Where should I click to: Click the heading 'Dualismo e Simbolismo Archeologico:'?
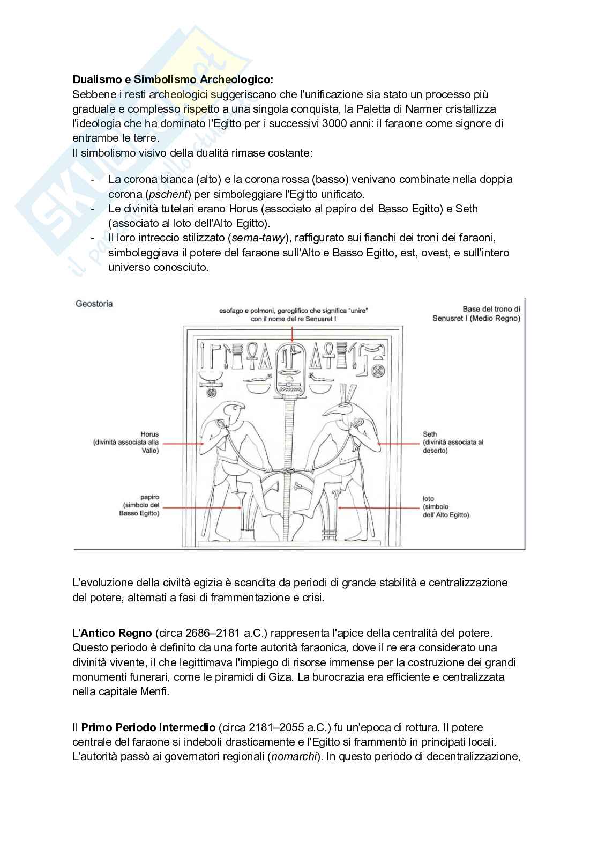point(173,79)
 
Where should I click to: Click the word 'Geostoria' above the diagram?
point(94,304)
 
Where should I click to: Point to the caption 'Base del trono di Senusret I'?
point(477,313)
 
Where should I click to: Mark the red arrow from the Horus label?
point(182,444)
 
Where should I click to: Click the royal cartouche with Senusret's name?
point(292,373)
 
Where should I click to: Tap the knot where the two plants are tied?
point(290,470)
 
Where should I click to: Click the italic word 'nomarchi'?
point(293,757)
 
